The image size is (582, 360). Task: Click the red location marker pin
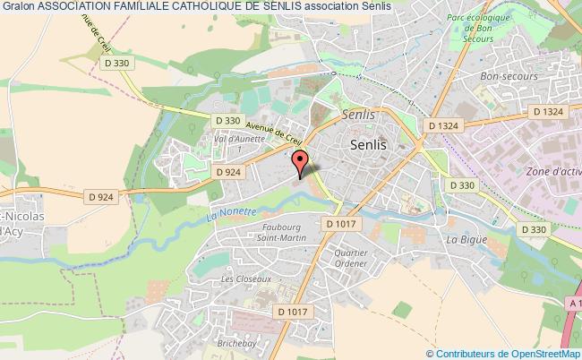302,160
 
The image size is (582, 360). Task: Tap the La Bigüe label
465,241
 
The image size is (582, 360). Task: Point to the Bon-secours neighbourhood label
501,77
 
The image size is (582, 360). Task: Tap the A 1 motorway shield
573,305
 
